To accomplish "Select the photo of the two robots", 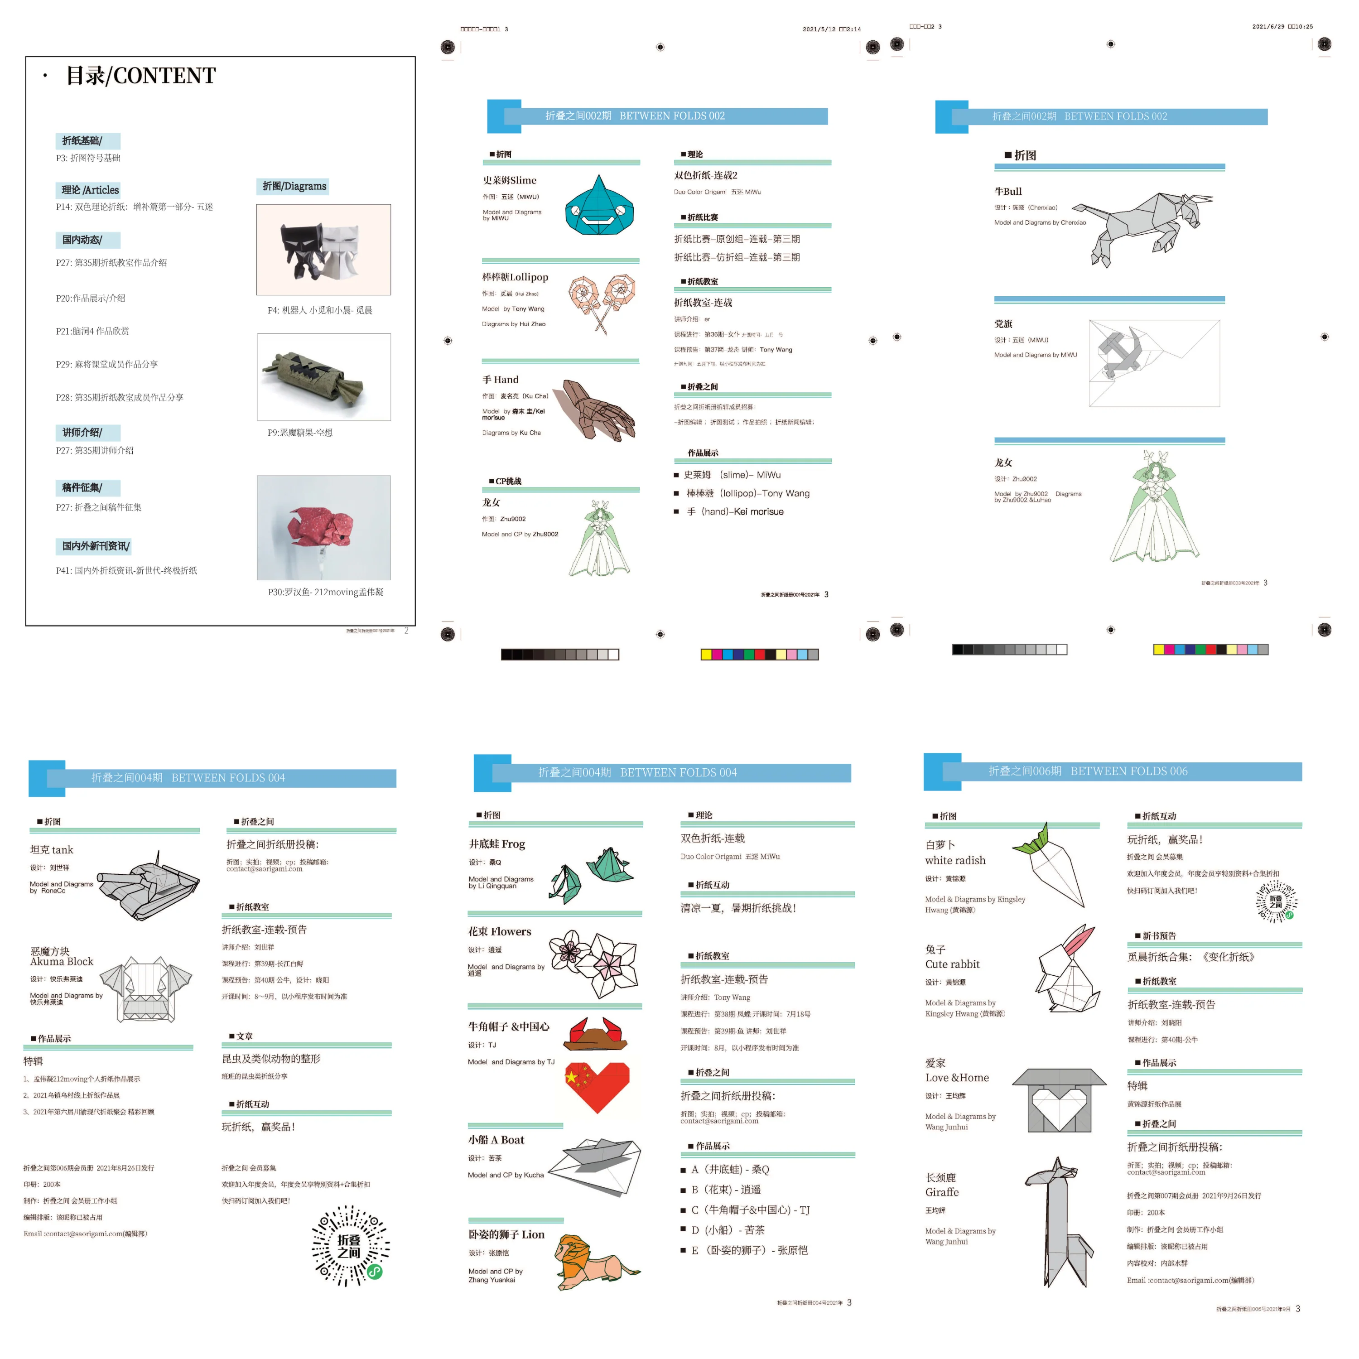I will click(x=323, y=249).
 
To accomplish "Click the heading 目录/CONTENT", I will click(x=141, y=75).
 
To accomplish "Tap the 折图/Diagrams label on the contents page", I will click(x=294, y=186).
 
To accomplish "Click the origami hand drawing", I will click(x=598, y=410).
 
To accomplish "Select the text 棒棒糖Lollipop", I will click(x=515, y=277).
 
